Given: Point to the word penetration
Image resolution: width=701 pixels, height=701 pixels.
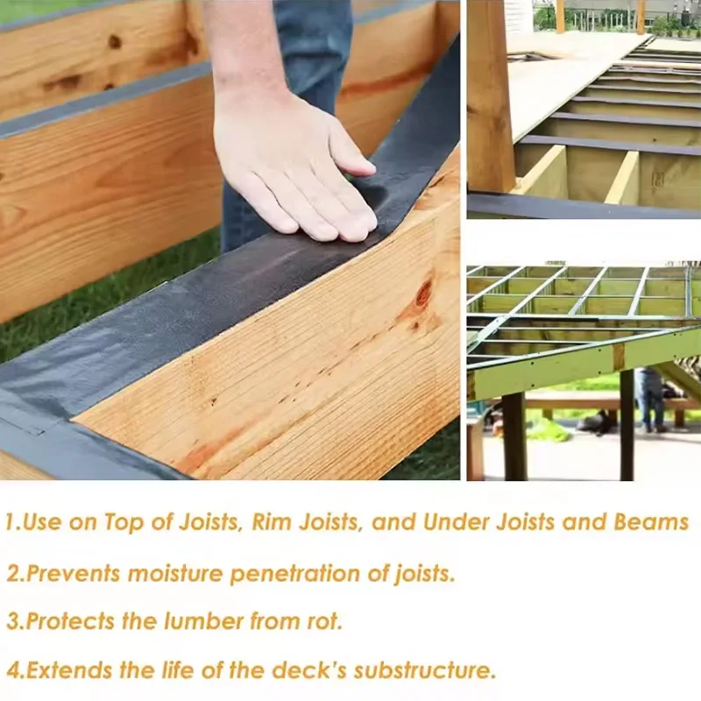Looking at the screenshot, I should point(307,574).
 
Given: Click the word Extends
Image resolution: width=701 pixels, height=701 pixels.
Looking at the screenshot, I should point(68,671).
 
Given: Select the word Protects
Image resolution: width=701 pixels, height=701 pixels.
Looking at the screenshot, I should point(70,622).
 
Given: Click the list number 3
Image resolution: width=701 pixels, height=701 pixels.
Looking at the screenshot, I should point(11,622).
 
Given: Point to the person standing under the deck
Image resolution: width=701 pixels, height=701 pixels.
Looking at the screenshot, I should point(650,399).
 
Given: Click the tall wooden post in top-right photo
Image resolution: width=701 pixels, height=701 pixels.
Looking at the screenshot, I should point(490,96).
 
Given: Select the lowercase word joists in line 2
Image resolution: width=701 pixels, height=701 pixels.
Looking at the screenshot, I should point(421,574).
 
